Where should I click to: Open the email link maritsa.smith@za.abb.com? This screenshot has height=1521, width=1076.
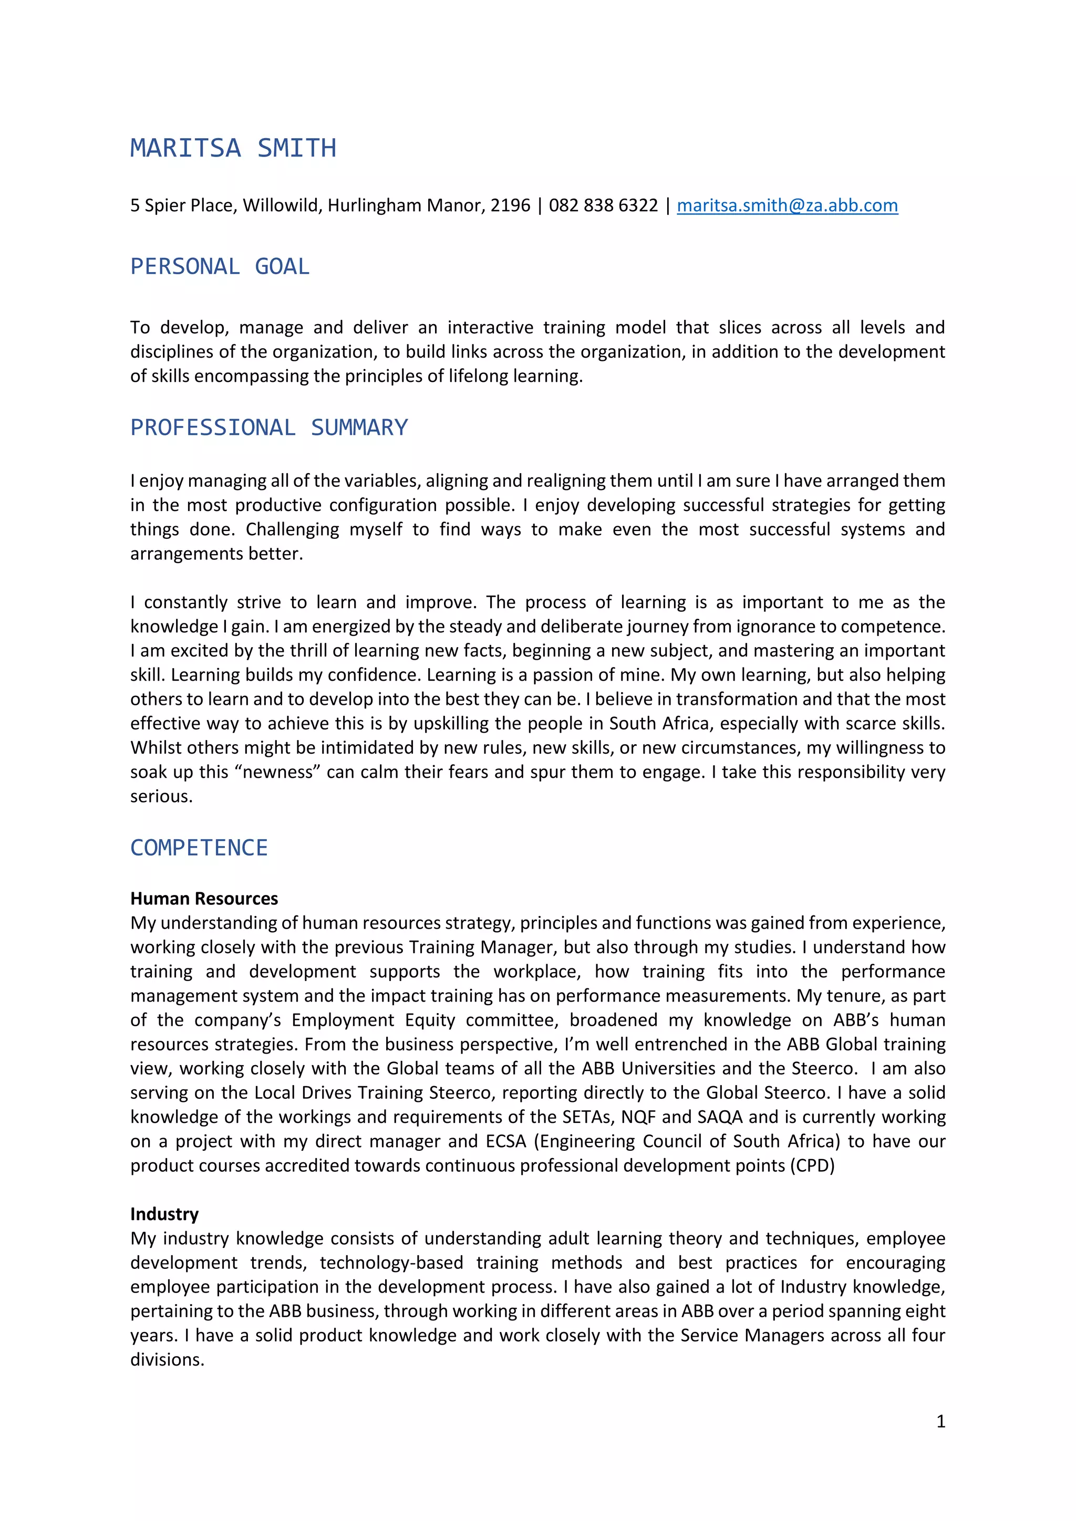[x=787, y=205]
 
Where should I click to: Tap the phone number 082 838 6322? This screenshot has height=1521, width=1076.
[x=603, y=205]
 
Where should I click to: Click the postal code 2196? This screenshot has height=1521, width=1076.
[x=510, y=205]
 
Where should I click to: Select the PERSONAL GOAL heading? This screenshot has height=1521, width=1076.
[x=220, y=266]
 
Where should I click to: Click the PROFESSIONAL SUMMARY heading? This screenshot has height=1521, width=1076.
[x=269, y=428]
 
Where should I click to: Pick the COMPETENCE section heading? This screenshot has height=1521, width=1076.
[x=199, y=847]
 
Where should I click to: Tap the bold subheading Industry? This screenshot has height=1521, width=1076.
[x=164, y=1214]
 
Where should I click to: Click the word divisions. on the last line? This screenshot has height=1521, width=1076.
[x=167, y=1359]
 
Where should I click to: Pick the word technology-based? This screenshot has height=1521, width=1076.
[x=391, y=1263]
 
